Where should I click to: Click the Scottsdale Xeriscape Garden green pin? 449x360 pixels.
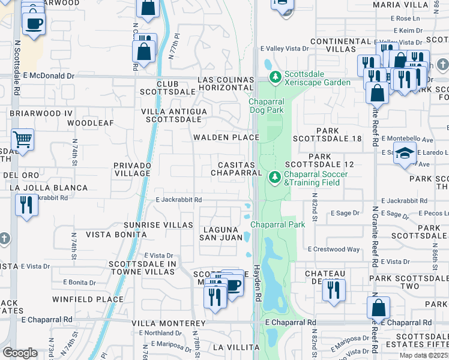276,77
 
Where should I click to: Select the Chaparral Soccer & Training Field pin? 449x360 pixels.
275,178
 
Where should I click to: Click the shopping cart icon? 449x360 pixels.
22,140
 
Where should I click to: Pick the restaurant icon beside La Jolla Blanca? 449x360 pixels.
26,205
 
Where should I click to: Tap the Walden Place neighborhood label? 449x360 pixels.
226,137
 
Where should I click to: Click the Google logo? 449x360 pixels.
20,353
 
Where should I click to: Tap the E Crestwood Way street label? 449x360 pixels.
334,249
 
